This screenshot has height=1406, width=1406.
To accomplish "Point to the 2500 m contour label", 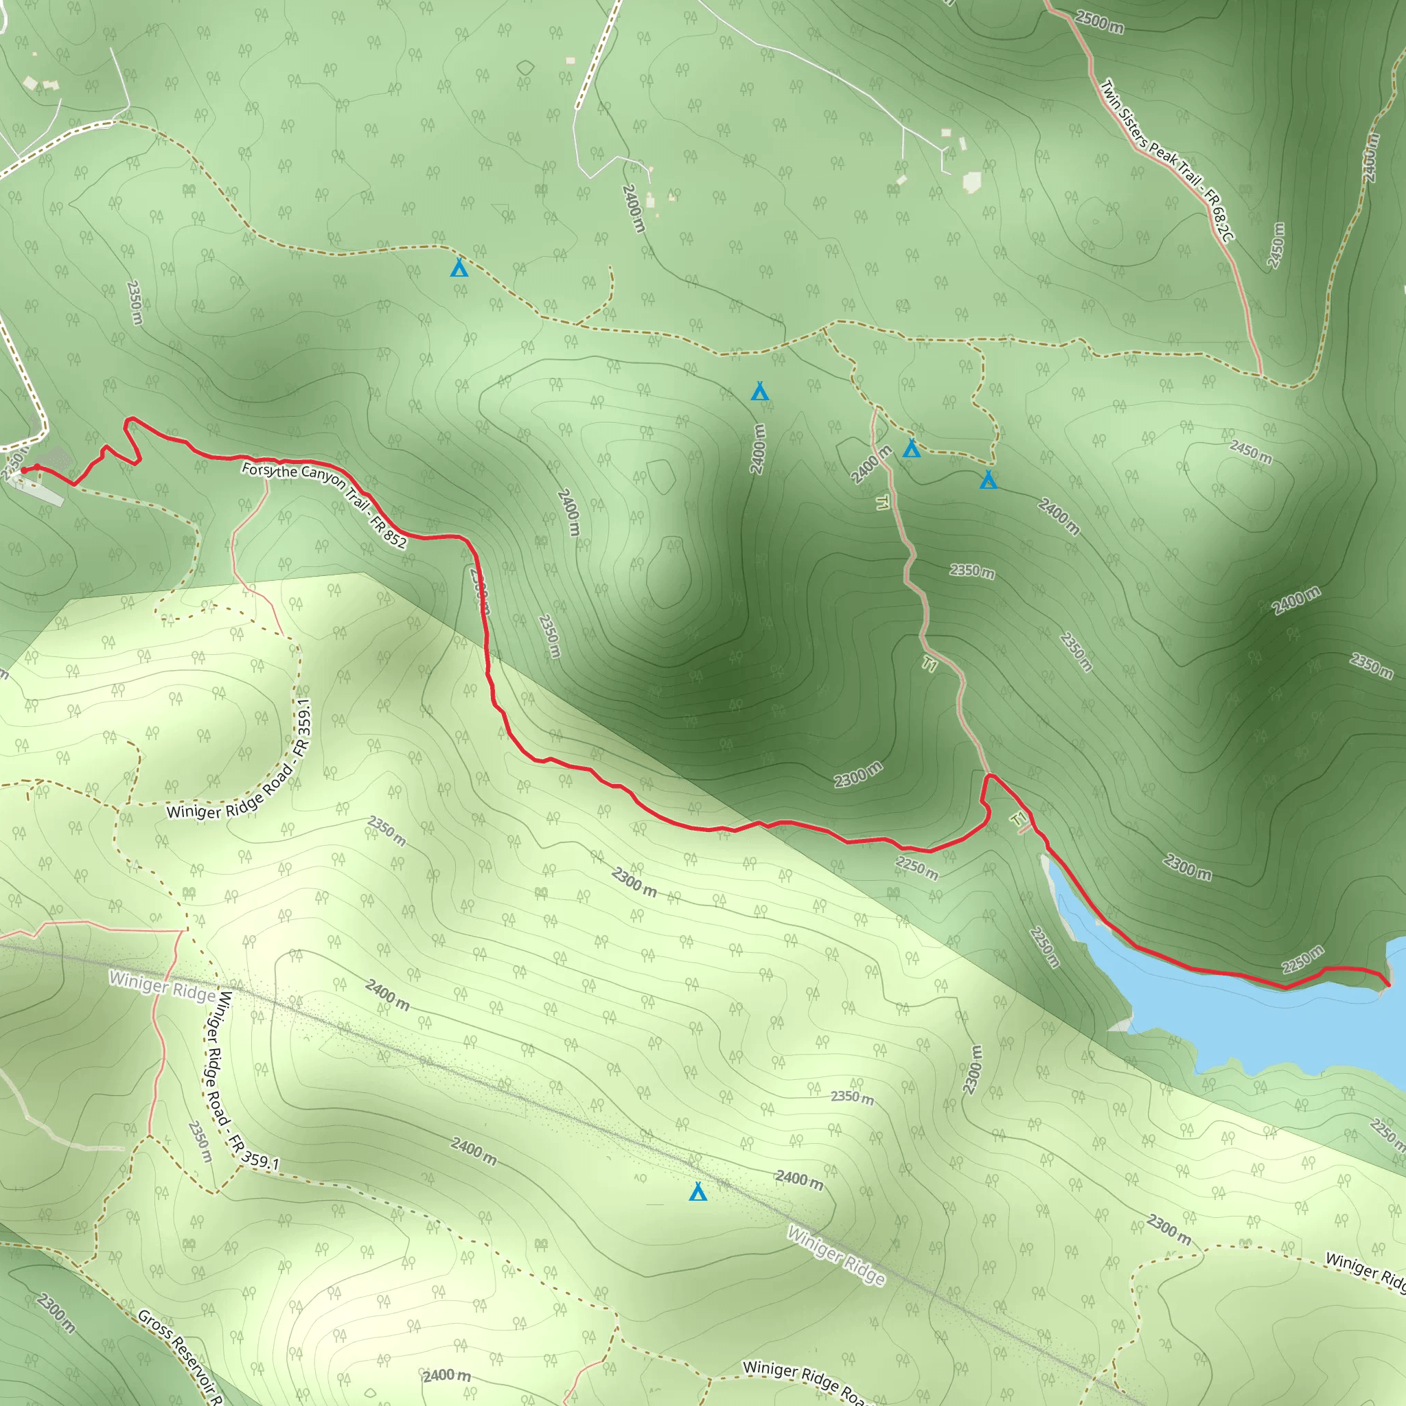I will (1100, 22).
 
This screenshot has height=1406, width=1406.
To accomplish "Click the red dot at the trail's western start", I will (24, 471).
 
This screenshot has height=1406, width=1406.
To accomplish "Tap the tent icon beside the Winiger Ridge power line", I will (698, 1192).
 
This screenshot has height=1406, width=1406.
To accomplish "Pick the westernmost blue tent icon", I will (459, 268).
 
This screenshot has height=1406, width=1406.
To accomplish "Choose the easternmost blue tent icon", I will (987, 480).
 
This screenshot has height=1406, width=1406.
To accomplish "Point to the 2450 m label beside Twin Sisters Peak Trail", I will (1276, 245).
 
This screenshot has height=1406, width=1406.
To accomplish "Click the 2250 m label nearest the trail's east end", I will (1302, 960).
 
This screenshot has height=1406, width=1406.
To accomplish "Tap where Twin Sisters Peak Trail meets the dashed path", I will (1260, 376).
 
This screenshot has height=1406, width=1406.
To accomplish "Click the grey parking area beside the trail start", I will (57, 459).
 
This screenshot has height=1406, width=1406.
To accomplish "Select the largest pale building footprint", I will (971, 182).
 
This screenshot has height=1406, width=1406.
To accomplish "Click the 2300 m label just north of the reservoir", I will (1187, 867).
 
